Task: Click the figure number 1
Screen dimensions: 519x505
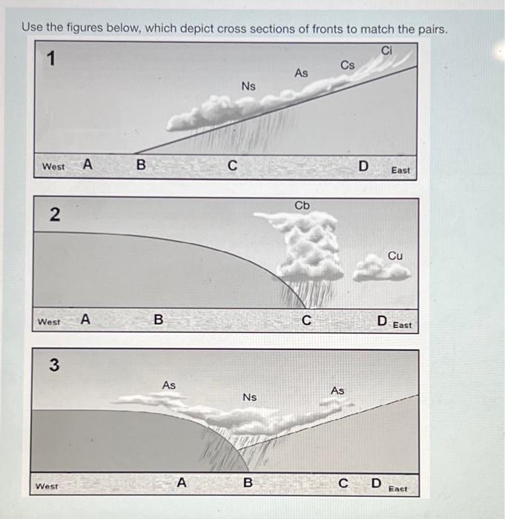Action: [51, 60]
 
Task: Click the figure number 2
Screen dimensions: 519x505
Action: [53, 216]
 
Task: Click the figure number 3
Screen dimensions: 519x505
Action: [53, 365]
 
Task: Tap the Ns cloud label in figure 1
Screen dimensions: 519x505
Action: [248, 87]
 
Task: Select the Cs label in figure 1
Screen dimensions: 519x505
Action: [348, 65]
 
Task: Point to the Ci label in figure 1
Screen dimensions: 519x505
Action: [386, 50]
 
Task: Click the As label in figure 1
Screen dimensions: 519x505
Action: [301, 73]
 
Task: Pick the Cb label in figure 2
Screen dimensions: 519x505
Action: [302, 205]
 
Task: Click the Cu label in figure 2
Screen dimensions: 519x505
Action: [395, 255]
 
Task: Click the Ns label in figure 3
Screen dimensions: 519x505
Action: [250, 397]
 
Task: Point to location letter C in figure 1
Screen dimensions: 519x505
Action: [232, 166]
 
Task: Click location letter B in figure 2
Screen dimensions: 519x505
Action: [157, 320]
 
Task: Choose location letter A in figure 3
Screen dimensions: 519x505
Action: [181, 483]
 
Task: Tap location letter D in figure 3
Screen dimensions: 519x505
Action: [376, 484]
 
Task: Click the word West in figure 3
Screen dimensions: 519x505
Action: [48, 487]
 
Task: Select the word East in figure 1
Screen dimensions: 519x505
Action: [400, 170]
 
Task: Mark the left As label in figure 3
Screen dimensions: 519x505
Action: [169, 385]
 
